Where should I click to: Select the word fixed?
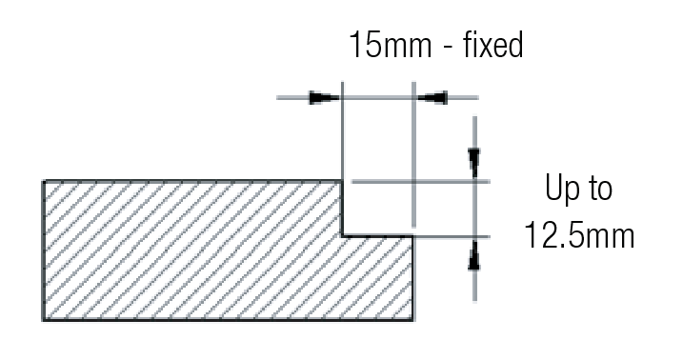click(492, 45)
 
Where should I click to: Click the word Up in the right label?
click(561, 188)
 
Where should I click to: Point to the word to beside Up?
click(600, 189)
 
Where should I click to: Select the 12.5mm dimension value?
click(579, 235)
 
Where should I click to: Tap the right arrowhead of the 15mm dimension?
click(432, 97)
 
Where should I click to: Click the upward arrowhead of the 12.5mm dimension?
click(474, 254)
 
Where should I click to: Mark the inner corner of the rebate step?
click(342, 236)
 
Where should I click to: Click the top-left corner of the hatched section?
click(43, 181)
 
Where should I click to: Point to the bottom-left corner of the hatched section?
click(43, 320)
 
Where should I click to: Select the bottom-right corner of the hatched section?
click(412, 320)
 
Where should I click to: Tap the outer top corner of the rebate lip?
click(412, 236)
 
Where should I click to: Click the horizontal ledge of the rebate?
click(377, 236)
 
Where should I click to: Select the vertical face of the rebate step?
click(342, 208)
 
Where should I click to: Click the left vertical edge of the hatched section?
click(43, 250)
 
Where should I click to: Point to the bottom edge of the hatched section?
click(228, 320)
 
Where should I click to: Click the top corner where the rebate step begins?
click(342, 181)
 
